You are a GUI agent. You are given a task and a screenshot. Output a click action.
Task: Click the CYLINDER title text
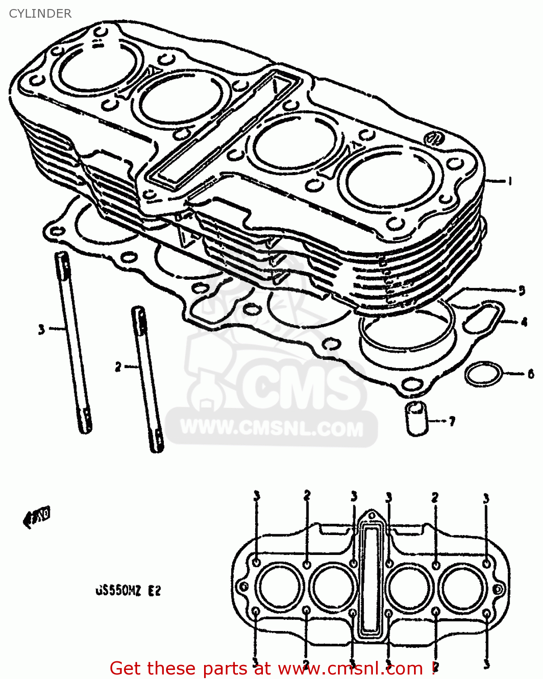click(40, 14)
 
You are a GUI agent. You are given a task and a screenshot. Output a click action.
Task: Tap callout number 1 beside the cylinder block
click(510, 182)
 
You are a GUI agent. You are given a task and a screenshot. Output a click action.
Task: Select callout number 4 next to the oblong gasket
click(524, 322)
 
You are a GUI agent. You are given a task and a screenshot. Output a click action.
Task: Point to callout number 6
click(530, 374)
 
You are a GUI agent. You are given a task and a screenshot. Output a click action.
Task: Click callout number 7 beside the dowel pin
click(451, 421)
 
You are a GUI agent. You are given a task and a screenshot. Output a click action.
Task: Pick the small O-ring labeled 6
click(483, 374)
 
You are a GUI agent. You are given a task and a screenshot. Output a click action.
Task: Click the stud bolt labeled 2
click(147, 378)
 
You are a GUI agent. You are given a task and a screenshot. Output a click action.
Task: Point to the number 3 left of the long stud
click(41, 329)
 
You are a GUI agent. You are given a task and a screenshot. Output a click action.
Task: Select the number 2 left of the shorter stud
click(118, 367)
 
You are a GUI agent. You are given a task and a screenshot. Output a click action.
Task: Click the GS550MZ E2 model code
click(128, 591)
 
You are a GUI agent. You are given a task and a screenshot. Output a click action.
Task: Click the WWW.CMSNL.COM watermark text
click(271, 428)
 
